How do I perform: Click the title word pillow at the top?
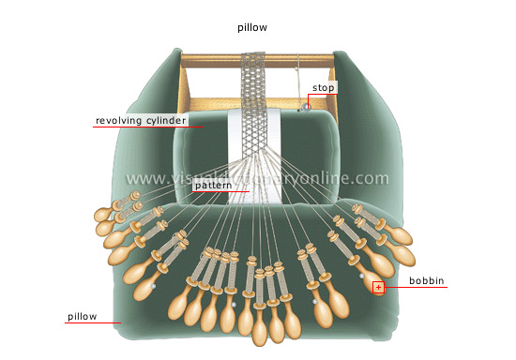pyautogui.click(x=252, y=28)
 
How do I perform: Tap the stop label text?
pyautogui.click(x=323, y=88)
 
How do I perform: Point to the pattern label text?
pyautogui.click(x=213, y=187)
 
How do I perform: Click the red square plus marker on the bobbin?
pyautogui.click(x=378, y=288)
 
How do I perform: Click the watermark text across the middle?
pyautogui.click(x=258, y=178)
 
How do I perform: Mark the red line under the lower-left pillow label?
pyautogui.click(x=94, y=323)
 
